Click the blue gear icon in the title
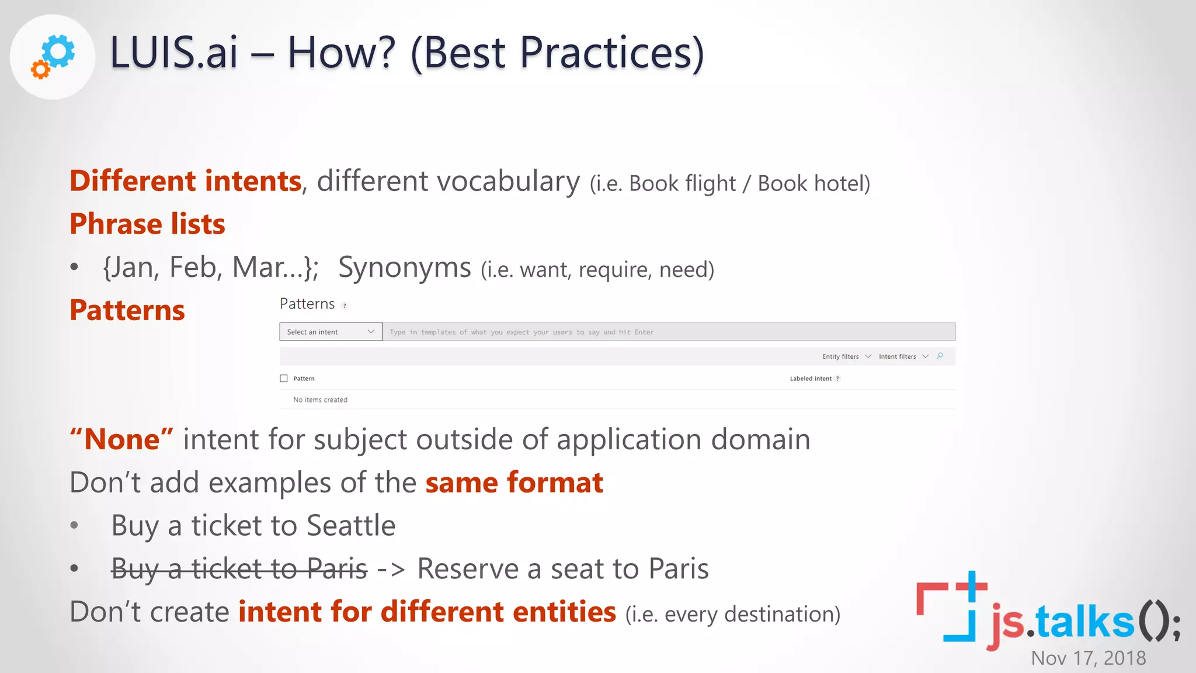[x=59, y=51]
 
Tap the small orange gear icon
[x=40, y=70]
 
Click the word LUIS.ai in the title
[x=174, y=53]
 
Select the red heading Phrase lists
[x=147, y=224]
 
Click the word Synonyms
[x=404, y=268]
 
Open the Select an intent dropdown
[x=331, y=332]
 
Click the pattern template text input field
[x=668, y=332]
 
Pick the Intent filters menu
[x=903, y=356]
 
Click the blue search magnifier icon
[x=940, y=356]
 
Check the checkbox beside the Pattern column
[x=284, y=379]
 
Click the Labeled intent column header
[x=811, y=379]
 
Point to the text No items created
[x=320, y=400]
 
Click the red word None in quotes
[x=121, y=439]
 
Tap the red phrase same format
[x=514, y=483]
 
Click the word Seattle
[x=351, y=525]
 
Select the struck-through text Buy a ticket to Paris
[x=239, y=568]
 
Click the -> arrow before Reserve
[x=391, y=569]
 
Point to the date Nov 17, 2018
[x=1089, y=658]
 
